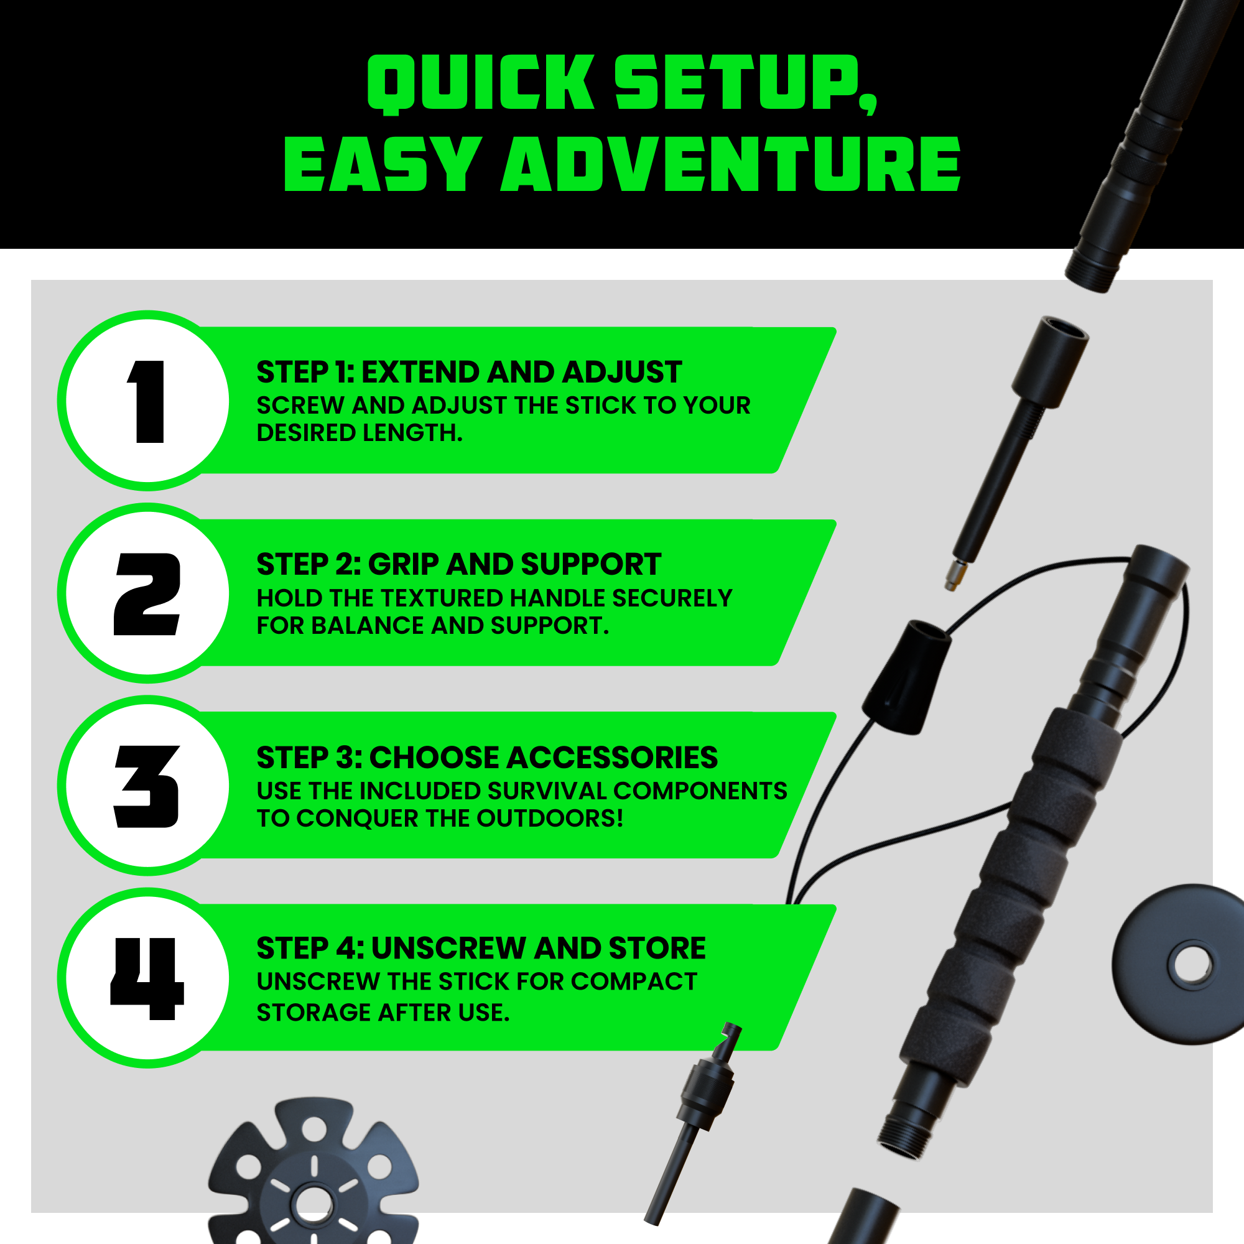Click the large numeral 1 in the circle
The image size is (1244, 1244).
pyautogui.click(x=147, y=402)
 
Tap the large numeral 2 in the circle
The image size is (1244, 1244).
pyautogui.click(x=147, y=593)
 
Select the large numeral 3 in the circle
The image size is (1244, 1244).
pyautogui.click(x=147, y=786)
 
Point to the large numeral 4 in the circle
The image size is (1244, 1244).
pyautogui.click(x=147, y=978)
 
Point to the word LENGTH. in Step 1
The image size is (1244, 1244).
pyautogui.click(x=412, y=433)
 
